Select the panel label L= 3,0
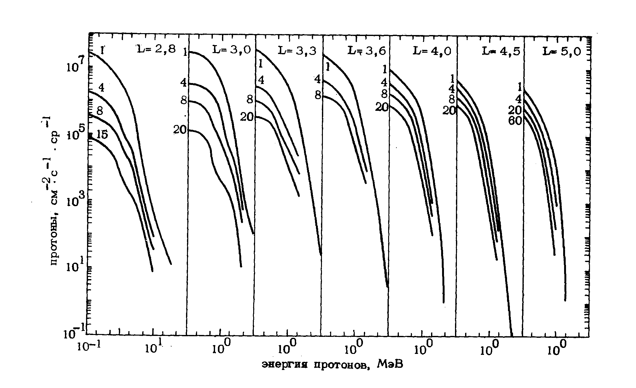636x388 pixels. (232, 50)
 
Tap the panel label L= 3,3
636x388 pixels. (297, 51)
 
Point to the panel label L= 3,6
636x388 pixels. (366, 51)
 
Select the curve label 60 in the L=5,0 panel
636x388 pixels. (515, 120)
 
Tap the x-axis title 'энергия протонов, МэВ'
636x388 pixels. (333, 365)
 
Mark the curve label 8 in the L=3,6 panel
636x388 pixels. (318, 95)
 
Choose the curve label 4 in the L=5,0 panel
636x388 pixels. (518, 100)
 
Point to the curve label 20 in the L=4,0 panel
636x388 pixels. (382, 108)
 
